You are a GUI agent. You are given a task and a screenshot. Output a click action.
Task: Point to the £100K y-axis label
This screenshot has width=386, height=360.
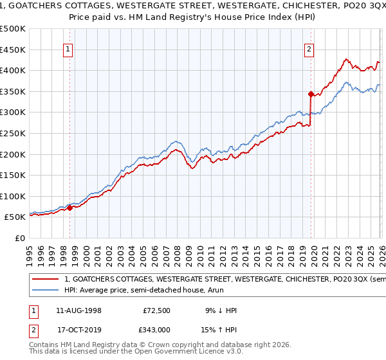(x=13, y=196)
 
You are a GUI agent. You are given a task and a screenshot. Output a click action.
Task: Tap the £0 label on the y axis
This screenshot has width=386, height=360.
(x=20, y=238)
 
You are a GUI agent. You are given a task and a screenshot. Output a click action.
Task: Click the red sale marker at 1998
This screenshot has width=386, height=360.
(x=69, y=207)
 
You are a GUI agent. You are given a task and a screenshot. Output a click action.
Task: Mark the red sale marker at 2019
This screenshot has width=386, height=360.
(x=310, y=94)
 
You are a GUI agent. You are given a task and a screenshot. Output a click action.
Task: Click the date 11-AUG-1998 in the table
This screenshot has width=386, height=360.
(x=78, y=310)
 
